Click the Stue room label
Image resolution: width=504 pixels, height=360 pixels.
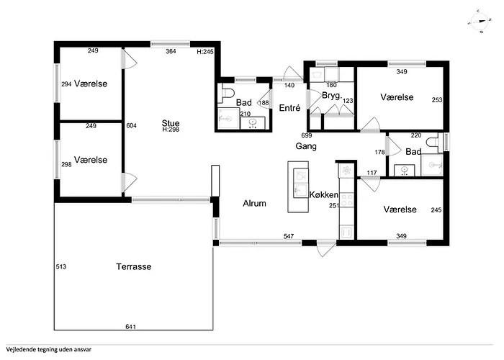171,123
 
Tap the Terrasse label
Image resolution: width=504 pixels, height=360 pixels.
134,266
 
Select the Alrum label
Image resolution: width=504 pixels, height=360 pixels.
255,203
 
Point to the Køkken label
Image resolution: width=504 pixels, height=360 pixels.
324,194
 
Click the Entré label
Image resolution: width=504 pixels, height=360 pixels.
289,108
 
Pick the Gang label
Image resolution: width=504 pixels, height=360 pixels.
306,146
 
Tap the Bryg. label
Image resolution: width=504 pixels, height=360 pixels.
332,96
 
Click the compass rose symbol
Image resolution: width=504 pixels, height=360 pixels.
480,22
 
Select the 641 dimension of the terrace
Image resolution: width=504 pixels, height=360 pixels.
130,327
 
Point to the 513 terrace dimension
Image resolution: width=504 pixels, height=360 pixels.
61,266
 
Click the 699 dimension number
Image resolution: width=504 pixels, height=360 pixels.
307,135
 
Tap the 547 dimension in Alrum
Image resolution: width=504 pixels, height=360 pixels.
289,236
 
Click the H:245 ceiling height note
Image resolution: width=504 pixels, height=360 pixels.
205,51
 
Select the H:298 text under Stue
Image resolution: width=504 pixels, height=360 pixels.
171,130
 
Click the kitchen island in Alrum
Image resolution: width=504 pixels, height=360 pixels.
298,186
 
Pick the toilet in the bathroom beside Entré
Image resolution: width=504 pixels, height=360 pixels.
228,93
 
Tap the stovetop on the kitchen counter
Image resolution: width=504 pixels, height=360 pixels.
347,199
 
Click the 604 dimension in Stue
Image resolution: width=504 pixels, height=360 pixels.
132,125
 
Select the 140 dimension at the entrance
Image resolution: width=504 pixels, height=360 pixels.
289,85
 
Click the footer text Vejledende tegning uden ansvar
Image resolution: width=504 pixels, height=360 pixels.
48,349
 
